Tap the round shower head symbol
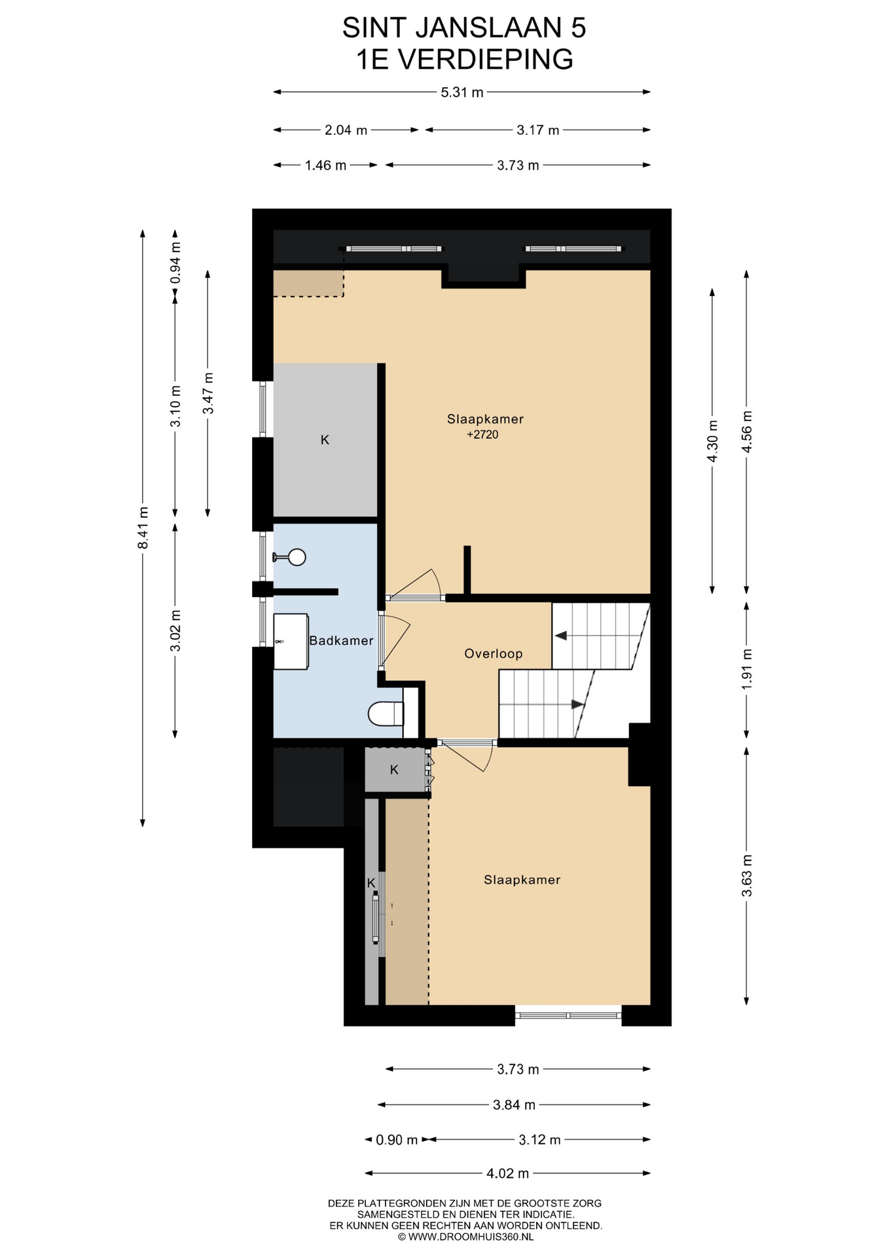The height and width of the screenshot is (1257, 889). pos(297,557)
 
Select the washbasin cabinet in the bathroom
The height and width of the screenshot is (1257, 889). pos(291,642)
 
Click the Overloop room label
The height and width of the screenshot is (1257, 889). pos(493,653)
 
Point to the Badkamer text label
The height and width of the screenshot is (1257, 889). pos(341,640)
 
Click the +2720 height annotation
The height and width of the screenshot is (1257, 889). pos(482,435)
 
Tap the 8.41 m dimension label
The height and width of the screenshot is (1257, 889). pos(143,528)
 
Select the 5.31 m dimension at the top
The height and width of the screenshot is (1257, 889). pos(462,92)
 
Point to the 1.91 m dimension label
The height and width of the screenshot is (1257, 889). pos(747,669)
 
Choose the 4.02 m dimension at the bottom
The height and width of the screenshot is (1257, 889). pos(507,1173)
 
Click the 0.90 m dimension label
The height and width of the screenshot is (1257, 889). pos(397,1140)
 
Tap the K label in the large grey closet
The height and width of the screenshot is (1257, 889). pos(325,440)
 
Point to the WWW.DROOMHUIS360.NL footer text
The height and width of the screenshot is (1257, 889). pos(465,1237)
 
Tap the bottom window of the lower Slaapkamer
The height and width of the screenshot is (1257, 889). pos(568,1015)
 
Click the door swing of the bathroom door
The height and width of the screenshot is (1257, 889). pos(395,642)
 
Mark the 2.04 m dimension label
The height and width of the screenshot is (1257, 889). pos(346,130)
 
